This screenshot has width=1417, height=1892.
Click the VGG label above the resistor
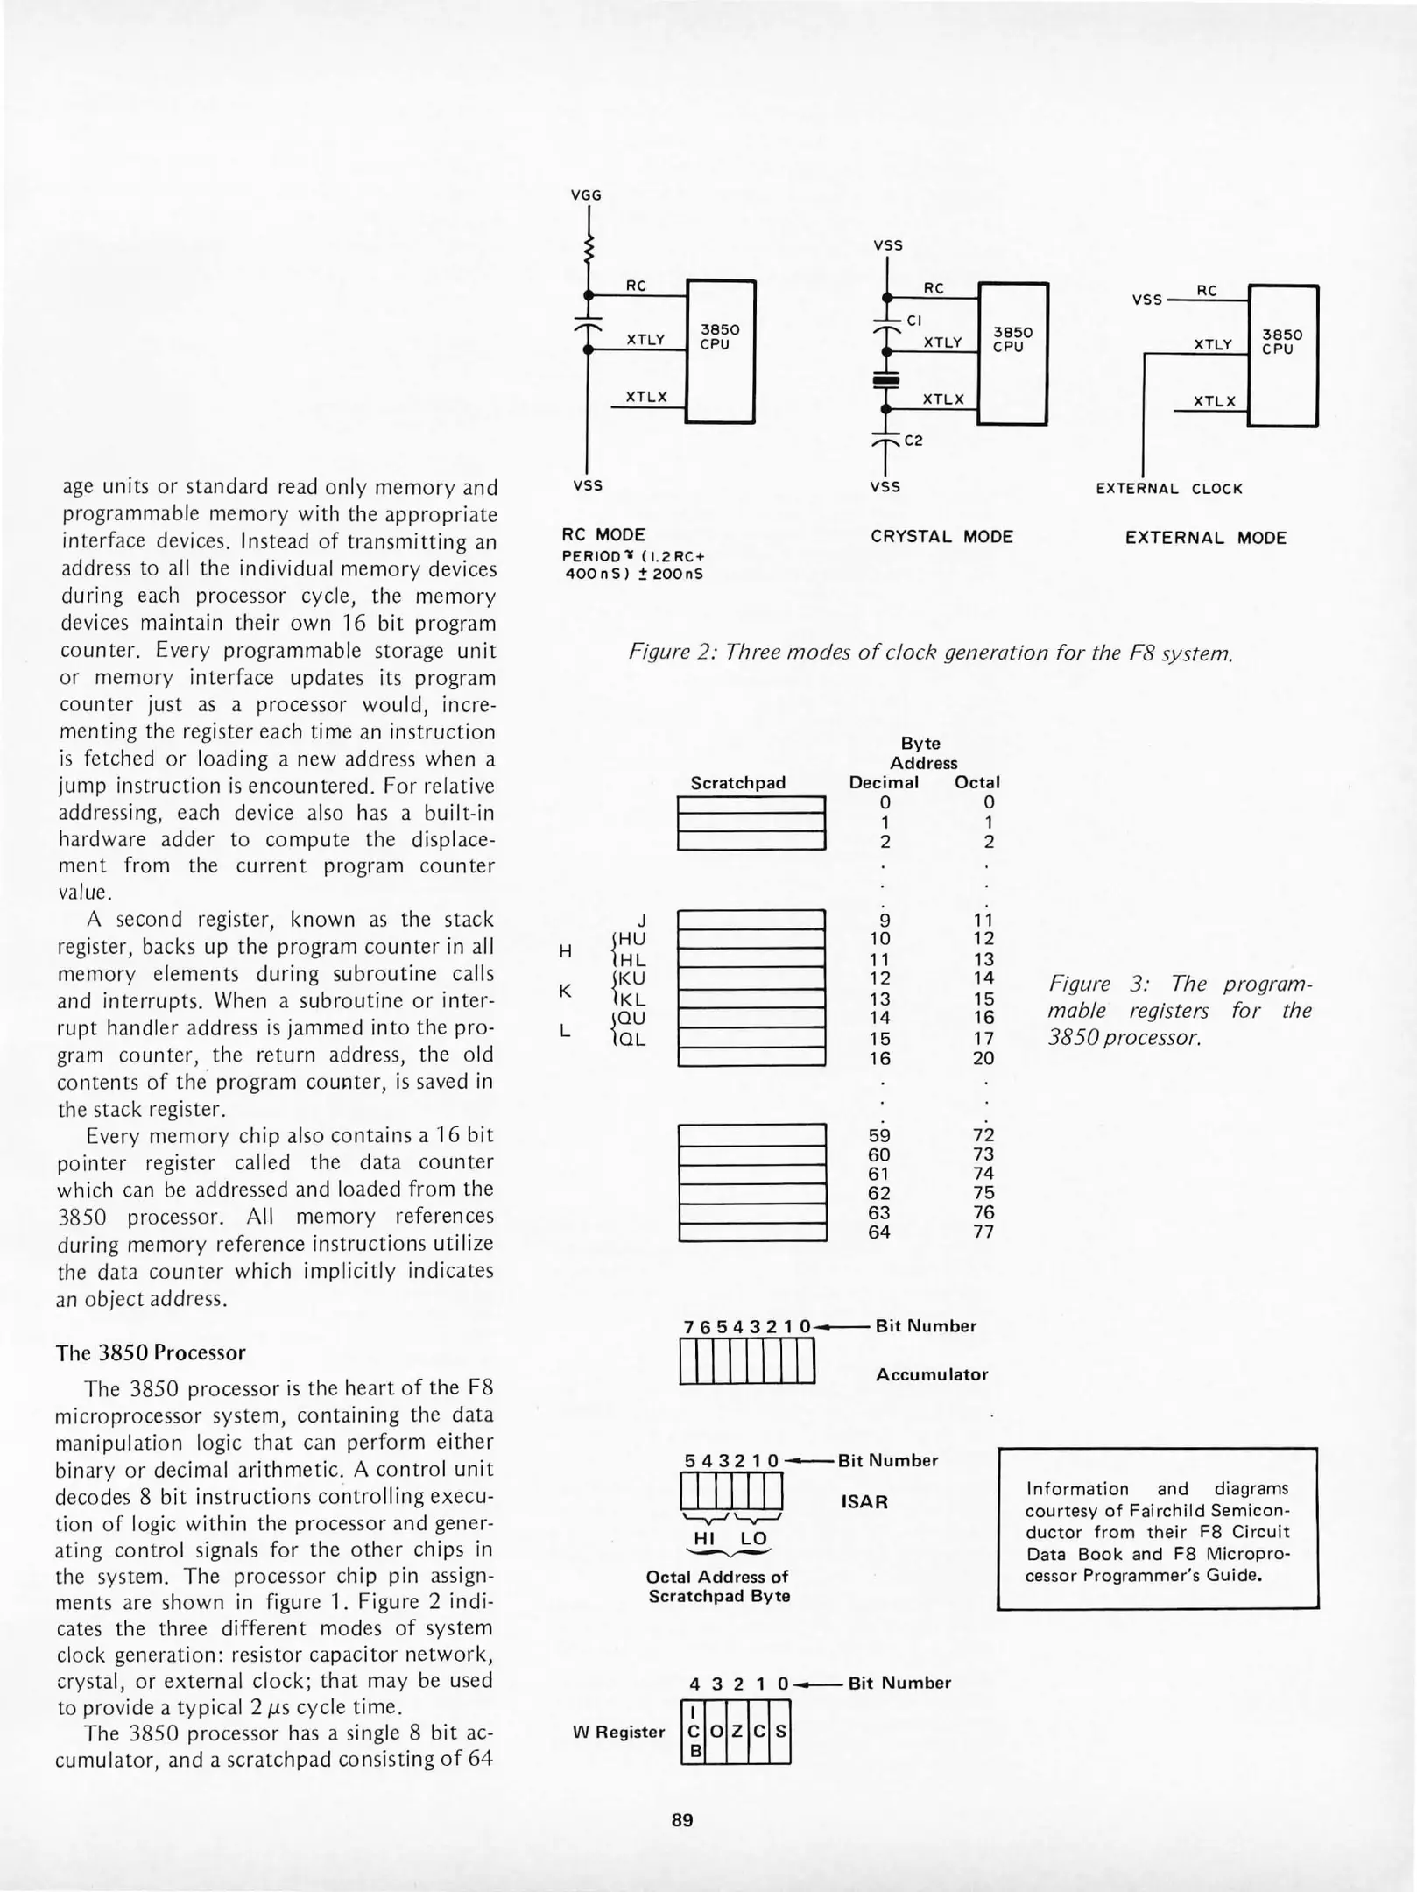586,195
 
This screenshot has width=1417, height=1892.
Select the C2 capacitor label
913,441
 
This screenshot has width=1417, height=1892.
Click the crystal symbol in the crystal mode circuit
886,380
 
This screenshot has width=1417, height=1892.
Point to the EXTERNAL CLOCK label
1169,489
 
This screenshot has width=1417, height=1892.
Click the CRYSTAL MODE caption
941,536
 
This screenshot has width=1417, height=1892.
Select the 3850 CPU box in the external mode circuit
1282,355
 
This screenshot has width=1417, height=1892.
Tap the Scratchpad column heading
737,782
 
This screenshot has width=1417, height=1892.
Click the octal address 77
983,1232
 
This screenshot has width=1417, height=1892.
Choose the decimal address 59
879,1135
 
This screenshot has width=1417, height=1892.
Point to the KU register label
631,978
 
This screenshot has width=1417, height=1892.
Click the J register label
642,920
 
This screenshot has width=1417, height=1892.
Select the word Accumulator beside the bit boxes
931,1374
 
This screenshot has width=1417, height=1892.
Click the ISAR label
864,1501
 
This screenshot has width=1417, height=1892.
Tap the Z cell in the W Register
737,1732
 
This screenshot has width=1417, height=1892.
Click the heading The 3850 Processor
151,1352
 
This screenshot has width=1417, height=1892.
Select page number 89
682,1820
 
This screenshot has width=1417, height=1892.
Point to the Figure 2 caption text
931,653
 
